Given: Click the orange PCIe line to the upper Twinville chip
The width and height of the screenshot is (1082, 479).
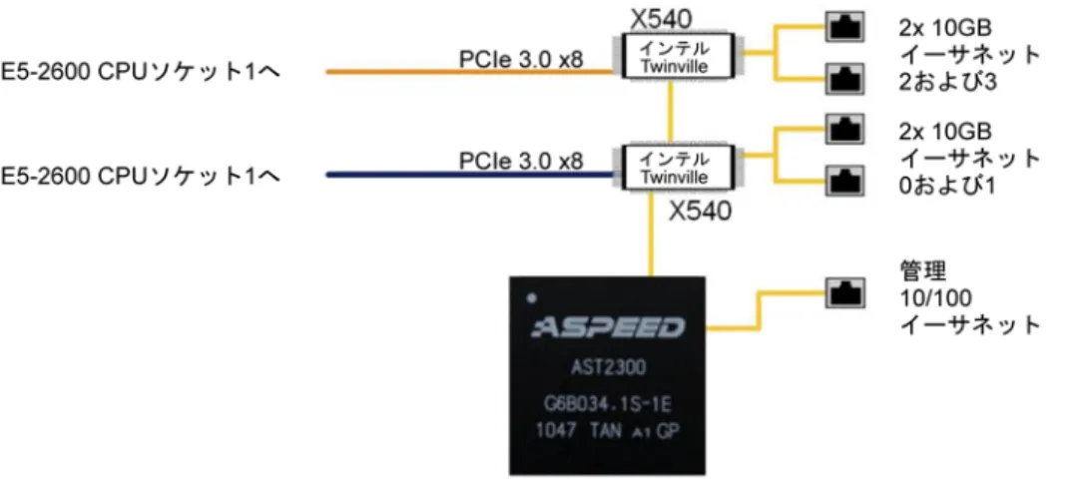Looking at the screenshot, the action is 469,72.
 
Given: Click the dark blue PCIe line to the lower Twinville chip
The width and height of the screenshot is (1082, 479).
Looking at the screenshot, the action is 469,175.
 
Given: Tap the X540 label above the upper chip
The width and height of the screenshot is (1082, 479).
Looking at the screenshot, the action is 661,19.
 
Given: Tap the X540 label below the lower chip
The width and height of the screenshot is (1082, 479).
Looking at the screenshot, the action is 700,211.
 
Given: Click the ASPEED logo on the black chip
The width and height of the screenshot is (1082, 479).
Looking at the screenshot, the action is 608,327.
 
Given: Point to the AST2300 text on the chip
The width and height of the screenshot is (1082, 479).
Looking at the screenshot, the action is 608,366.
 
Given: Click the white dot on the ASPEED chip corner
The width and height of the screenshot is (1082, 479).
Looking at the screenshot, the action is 531,298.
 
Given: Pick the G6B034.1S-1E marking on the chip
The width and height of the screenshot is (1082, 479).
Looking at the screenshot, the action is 608,402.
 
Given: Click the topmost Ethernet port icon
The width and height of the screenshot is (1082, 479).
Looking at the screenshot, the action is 844,27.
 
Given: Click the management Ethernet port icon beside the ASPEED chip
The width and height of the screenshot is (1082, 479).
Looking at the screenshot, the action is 844,292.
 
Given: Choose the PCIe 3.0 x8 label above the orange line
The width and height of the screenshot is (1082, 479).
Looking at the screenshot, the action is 521,59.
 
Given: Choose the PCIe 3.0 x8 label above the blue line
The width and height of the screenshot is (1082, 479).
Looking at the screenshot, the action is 521,162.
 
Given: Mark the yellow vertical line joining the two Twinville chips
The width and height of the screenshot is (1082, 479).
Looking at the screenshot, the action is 670,112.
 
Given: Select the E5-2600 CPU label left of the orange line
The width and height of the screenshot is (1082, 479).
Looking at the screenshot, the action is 140,72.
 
